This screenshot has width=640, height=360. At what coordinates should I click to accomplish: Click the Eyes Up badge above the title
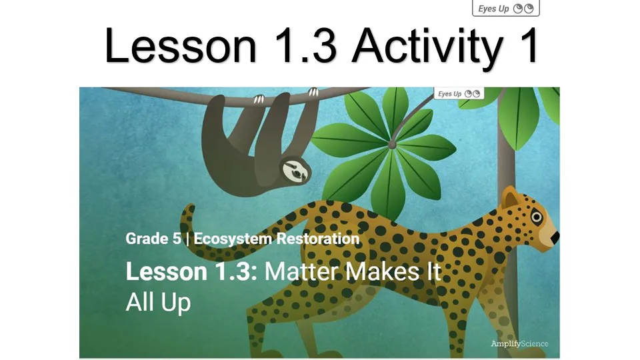click(505, 9)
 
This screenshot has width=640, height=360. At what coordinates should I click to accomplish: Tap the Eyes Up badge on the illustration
click(459, 94)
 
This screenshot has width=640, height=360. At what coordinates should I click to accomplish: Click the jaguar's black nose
click(555, 237)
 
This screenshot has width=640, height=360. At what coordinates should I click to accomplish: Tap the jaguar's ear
click(510, 199)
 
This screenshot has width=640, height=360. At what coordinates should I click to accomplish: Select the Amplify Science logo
click(519, 344)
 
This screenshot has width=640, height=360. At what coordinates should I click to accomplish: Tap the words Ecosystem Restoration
click(277, 239)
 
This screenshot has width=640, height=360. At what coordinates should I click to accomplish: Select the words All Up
click(158, 302)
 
